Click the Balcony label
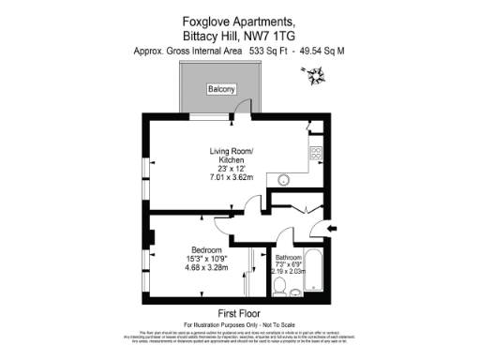pyautogui.click(x=221, y=90)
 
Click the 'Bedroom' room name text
pyautogui.click(x=203, y=251)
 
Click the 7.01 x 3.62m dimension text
pyautogui.click(x=231, y=176)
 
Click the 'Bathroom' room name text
pyautogui.click(x=289, y=257)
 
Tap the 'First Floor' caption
pyautogui.click(x=239, y=312)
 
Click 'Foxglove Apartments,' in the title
pyautogui.click(x=239, y=20)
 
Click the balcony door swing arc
pyautogui.click(x=241, y=111)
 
